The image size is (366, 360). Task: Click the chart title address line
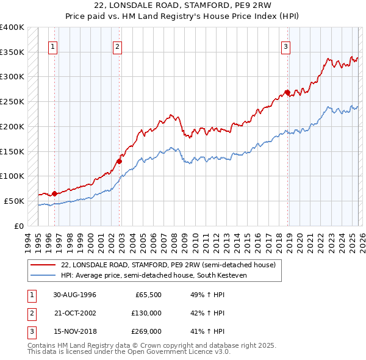click(183, 5)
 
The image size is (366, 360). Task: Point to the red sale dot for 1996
click(54, 193)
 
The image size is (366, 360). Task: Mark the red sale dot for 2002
click(120, 161)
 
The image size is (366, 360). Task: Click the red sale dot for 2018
click(287, 93)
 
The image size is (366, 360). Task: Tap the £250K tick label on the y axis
click(12, 102)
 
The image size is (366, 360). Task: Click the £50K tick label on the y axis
click(15, 201)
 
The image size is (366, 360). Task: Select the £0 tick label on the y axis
click(19, 226)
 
